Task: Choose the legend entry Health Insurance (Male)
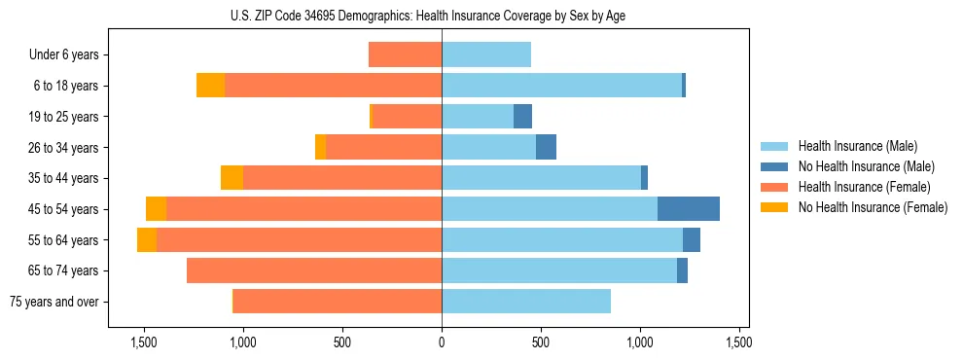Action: pyautogui.click(x=857, y=146)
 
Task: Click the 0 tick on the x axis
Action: pyautogui.click(x=442, y=342)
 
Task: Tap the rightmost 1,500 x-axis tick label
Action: pyautogui.click(x=739, y=342)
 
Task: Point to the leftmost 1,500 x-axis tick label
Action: pyautogui.click(x=144, y=342)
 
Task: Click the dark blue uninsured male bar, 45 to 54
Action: pyautogui.click(x=689, y=209)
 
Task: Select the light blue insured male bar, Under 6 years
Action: pyautogui.click(x=486, y=54)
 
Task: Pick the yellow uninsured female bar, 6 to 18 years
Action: pyautogui.click(x=210, y=86)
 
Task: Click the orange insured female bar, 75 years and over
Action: pyautogui.click(x=337, y=302)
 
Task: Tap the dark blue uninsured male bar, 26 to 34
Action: pyautogui.click(x=546, y=147)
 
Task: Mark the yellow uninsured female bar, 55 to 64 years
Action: pyautogui.click(x=147, y=240)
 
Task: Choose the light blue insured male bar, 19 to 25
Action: pyautogui.click(x=478, y=117)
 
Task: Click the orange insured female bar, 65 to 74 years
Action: pyautogui.click(x=314, y=270)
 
